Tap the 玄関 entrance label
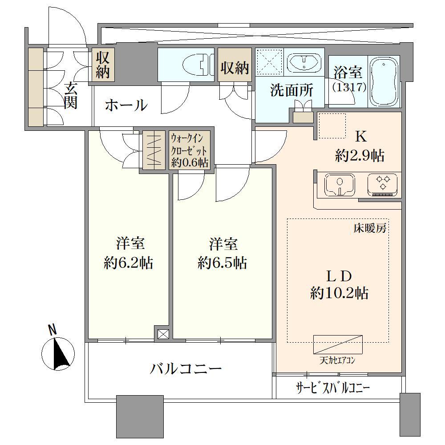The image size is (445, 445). pos(70,96)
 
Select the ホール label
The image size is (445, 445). pos(126,105)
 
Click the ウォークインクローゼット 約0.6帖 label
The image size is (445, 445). pos(190,150)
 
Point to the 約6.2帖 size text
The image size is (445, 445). pos(129,263)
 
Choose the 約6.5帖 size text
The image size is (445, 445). pos(222,263)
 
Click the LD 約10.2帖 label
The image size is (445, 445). pos(340,284)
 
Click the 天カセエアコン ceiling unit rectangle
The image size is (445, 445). pos(338,344)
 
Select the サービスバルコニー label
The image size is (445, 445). pos(333,388)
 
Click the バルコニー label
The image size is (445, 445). pos(186,368)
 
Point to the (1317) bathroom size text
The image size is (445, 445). pos(349,87)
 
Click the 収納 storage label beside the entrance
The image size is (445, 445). pos(102,65)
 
